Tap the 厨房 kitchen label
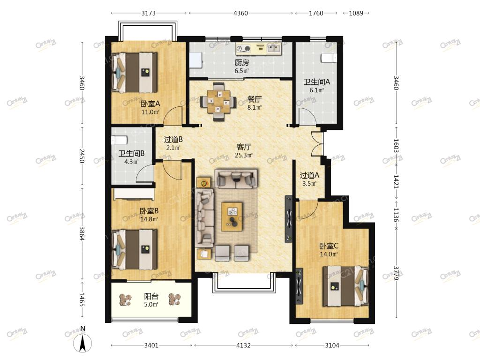(242, 63)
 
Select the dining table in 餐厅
(218, 101)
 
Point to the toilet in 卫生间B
(119, 140)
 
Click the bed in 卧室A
(135, 73)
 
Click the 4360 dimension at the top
(240, 13)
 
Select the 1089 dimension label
(356, 13)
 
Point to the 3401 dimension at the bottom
(151, 345)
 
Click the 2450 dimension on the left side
(82, 156)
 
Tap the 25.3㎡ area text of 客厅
(244, 155)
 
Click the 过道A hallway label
(309, 175)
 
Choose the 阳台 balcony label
(151, 296)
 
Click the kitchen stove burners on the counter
(243, 48)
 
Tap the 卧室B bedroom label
(149, 211)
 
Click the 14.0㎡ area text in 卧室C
(329, 255)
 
